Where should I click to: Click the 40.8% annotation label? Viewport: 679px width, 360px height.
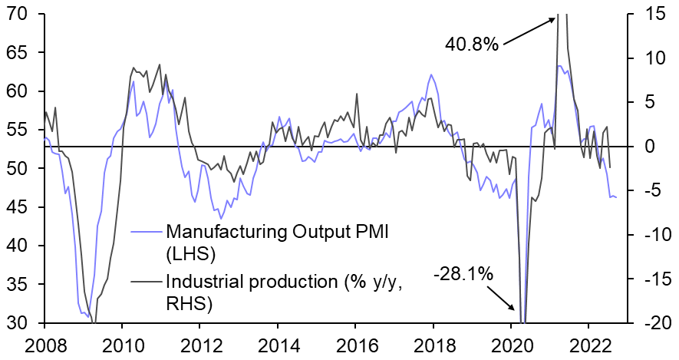click(x=472, y=45)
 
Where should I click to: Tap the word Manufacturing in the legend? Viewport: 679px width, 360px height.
click(x=220, y=230)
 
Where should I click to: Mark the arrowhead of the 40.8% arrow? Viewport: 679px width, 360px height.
click(x=553, y=16)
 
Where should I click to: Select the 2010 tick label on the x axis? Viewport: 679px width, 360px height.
click(x=121, y=345)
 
